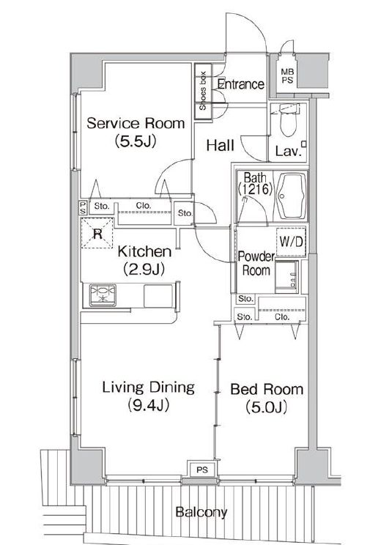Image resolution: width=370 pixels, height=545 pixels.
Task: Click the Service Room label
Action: tap(136, 123)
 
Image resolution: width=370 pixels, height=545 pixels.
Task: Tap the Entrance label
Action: tap(240, 84)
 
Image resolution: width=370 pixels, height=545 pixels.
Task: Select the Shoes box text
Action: tap(203, 91)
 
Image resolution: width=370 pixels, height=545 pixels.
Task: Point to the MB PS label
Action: tap(287, 76)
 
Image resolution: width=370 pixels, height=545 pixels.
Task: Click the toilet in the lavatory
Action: tap(288, 120)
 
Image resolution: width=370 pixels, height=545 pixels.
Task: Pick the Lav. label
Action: tap(288, 151)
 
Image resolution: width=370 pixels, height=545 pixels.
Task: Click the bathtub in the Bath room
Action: tap(292, 196)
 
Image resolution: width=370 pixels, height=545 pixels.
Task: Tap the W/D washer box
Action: tap(291, 242)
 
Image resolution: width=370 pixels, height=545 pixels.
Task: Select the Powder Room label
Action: tap(256, 263)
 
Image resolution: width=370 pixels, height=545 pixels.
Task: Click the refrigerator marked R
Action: tap(97, 233)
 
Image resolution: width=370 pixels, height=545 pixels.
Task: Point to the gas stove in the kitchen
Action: tap(103, 295)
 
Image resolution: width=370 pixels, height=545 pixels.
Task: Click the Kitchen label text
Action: tap(144, 251)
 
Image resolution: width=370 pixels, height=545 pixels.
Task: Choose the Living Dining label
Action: tap(149, 388)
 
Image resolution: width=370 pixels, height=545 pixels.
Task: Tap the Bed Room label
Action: tap(267, 389)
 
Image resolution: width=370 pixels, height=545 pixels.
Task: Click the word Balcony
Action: tap(201, 511)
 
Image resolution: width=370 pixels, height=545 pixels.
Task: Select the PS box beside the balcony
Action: tap(202, 470)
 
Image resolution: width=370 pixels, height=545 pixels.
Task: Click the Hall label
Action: tap(220, 145)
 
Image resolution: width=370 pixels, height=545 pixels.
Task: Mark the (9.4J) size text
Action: tap(149, 405)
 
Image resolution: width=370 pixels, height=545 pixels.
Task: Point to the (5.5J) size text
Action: tap(136, 141)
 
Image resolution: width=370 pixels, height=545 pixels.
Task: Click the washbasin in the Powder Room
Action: tap(287, 277)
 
